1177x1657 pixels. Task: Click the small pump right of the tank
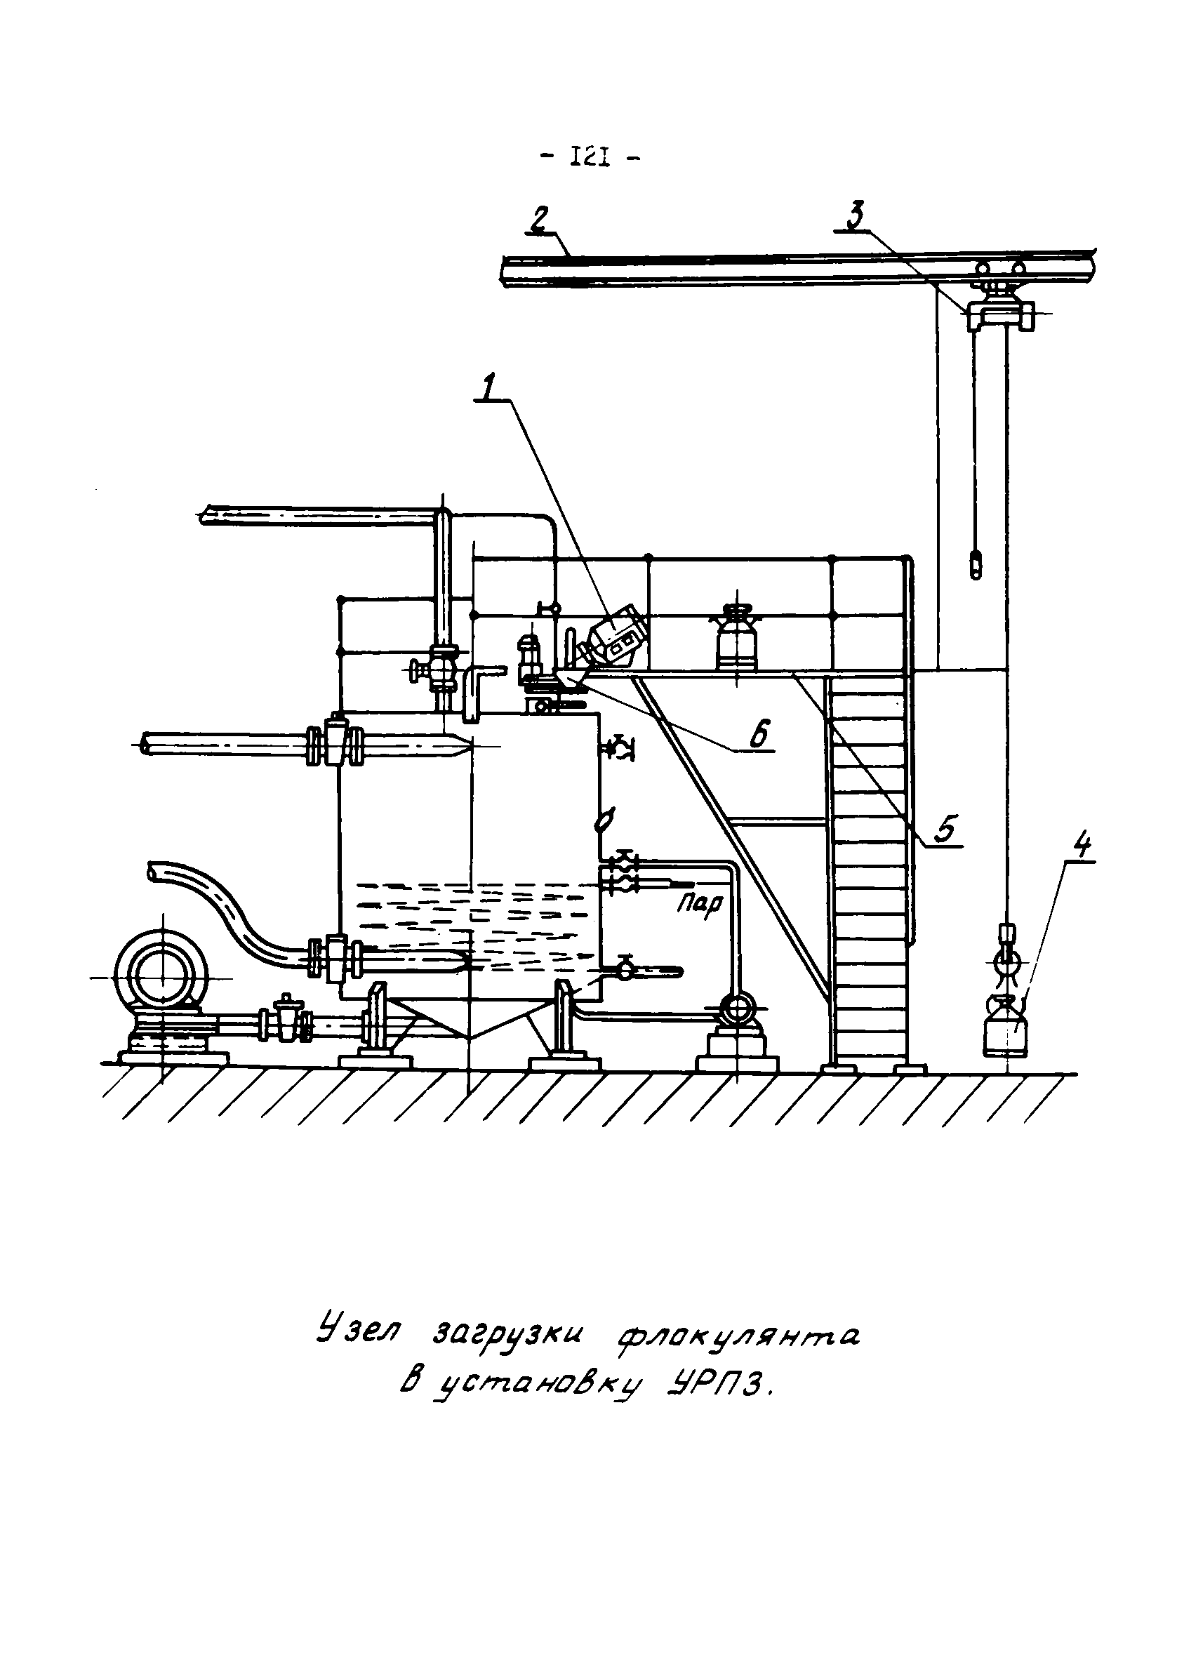[736, 1009]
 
